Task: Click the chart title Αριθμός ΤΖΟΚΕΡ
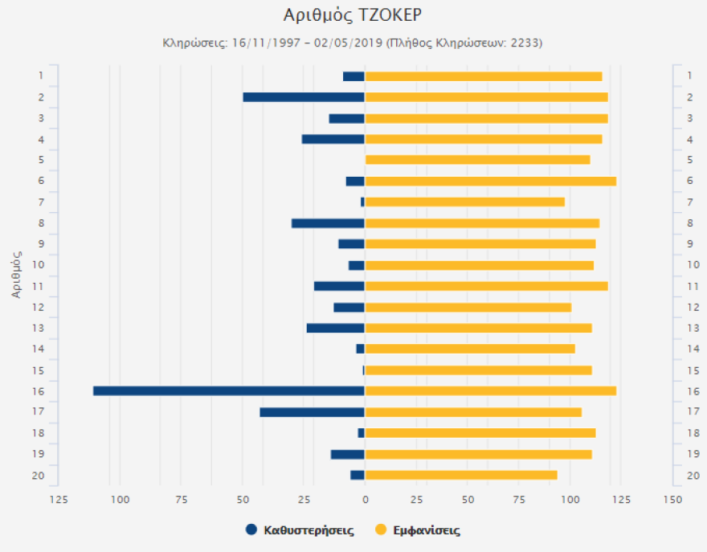click(353, 15)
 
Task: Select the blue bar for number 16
click(229, 391)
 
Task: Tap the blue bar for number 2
click(304, 97)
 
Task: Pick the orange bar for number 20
click(461, 475)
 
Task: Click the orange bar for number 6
click(490, 181)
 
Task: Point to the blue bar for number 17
click(312, 412)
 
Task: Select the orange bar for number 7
click(464, 202)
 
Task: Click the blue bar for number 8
click(328, 223)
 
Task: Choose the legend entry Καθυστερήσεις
click(309, 530)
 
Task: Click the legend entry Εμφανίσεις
click(426, 530)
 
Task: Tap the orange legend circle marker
click(381, 530)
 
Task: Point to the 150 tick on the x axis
click(672, 500)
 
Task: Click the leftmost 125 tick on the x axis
click(59, 500)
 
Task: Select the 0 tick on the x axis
click(365, 500)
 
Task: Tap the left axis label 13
click(39, 328)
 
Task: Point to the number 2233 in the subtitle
click(527, 42)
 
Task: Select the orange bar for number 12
click(468, 307)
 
